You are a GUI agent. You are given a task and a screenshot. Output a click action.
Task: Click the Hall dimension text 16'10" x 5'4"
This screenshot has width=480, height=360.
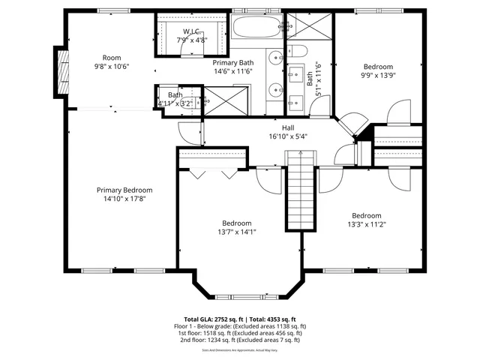coord(288,136)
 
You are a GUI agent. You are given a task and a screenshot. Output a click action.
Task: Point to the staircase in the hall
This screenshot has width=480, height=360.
coord(298,192)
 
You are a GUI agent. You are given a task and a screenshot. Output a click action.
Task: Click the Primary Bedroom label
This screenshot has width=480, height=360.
coord(124,190)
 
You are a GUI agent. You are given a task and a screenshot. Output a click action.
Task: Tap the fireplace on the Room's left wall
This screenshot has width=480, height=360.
coord(61,69)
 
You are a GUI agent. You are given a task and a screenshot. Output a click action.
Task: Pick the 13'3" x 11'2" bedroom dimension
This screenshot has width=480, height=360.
coord(367,224)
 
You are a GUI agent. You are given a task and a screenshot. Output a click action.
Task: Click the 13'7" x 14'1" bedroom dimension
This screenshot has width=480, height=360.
coord(236,232)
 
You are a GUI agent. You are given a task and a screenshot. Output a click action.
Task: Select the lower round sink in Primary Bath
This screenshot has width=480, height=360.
coord(274,90)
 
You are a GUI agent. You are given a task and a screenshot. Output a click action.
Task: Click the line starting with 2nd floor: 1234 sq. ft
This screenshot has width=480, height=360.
coord(240,340)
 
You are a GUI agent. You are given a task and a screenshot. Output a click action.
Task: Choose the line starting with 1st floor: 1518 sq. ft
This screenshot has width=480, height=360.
coord(240,333)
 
